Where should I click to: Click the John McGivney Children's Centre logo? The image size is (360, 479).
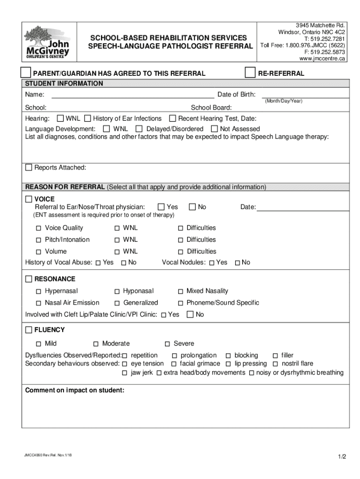tap(47, 41)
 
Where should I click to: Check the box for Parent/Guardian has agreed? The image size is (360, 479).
tap(26, 73)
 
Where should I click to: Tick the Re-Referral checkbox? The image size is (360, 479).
tap(250, 73)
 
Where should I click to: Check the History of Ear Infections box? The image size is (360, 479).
tap(88, 118)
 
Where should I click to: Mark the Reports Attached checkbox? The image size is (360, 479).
tap(29, 167)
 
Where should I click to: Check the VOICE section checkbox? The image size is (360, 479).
tap(29, 199)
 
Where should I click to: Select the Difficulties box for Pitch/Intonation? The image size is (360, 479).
tap(180, 240)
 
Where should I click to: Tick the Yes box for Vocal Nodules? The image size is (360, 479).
tap(212, 263)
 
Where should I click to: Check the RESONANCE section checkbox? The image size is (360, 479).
tap(29, 279)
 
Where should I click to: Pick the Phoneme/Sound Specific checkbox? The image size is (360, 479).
tap(180, 303)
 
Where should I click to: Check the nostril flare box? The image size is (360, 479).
tap(275, 364)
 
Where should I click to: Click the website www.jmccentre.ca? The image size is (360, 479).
tap(322, 58)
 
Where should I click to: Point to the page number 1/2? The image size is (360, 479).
tap(341, 457)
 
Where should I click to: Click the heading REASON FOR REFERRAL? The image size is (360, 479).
tap(65, 187)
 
